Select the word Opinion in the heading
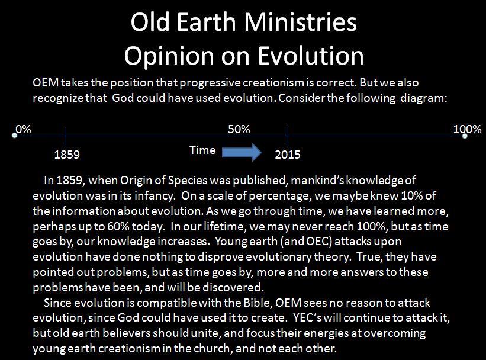click(169, 56)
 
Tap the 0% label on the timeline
click(23, 129)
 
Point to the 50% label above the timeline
click(239, 129)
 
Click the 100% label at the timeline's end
click(468, 129)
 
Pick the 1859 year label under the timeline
click(67, 155)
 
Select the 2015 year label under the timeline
click(288, 155)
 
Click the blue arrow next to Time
click(242, 152)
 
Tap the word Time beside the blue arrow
click(202, 150)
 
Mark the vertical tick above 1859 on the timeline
click(66, 136)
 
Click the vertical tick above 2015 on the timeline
click(287, 136)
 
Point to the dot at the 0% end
click(14, 136)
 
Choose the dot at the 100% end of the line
click(465, 136)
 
